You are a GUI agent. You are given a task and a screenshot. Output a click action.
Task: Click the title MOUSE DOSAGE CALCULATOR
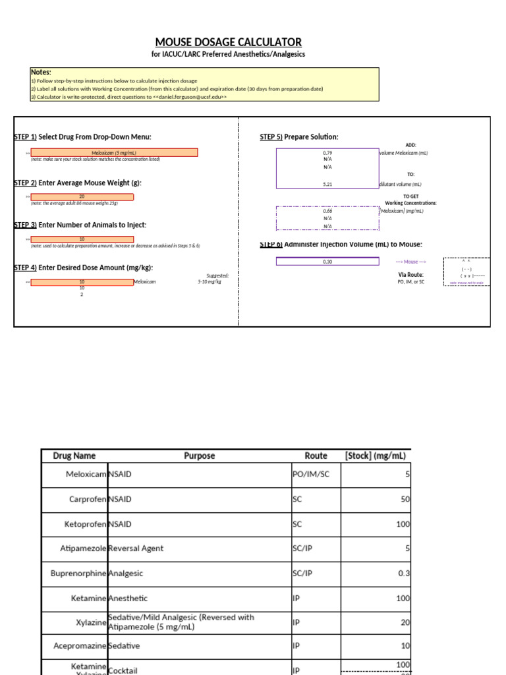click(229, 42)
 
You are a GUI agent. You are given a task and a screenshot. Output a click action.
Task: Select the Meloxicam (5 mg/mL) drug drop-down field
click(115, 153)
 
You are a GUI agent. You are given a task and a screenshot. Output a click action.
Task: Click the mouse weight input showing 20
click(82, 196)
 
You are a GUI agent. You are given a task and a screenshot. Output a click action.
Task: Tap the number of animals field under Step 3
click(82, 239)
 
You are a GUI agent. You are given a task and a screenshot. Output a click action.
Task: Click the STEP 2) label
click(25, 183)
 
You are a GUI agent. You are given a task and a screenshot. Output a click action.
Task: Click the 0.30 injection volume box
click(327, 262)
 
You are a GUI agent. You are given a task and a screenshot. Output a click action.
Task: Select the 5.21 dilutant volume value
click(327, 185)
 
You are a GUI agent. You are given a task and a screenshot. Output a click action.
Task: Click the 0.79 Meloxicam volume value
click(327, 153)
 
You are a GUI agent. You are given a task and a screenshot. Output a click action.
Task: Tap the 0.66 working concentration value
click(327, 211)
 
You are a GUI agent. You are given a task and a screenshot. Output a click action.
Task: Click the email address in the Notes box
click(192, 96)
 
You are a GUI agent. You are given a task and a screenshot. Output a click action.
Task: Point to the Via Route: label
click(410, 274)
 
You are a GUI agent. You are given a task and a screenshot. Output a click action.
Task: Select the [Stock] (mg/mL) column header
click(376, 455)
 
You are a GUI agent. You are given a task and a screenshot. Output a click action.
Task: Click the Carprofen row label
click(88, 499)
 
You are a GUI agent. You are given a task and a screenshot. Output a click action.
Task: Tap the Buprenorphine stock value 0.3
click(404, 573)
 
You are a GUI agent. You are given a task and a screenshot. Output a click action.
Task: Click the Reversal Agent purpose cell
click(136, 548)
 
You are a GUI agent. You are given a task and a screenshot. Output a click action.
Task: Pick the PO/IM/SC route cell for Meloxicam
click(310, 474)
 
